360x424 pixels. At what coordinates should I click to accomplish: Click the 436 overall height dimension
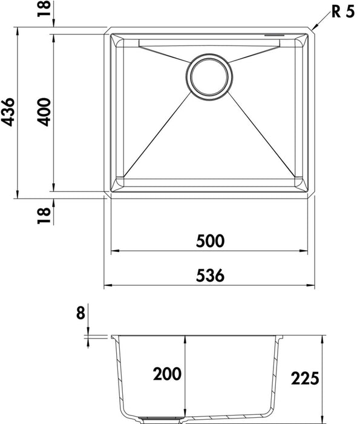click(x=8, y=112)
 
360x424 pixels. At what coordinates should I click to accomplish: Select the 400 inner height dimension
click(x=44, y=112)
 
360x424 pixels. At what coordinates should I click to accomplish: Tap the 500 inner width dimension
click(x=210, y=241)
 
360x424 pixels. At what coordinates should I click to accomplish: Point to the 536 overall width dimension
click(x=210, y=275)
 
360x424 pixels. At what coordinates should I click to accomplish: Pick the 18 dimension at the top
click(x=44, y=8)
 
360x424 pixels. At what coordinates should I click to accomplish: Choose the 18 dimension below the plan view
click(x=44, y=215)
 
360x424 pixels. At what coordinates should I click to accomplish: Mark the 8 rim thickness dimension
click(x=80, y=313)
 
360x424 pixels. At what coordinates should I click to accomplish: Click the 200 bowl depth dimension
click(x=167, y=374)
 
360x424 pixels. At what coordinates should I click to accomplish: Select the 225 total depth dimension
click(x=305, y=378)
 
